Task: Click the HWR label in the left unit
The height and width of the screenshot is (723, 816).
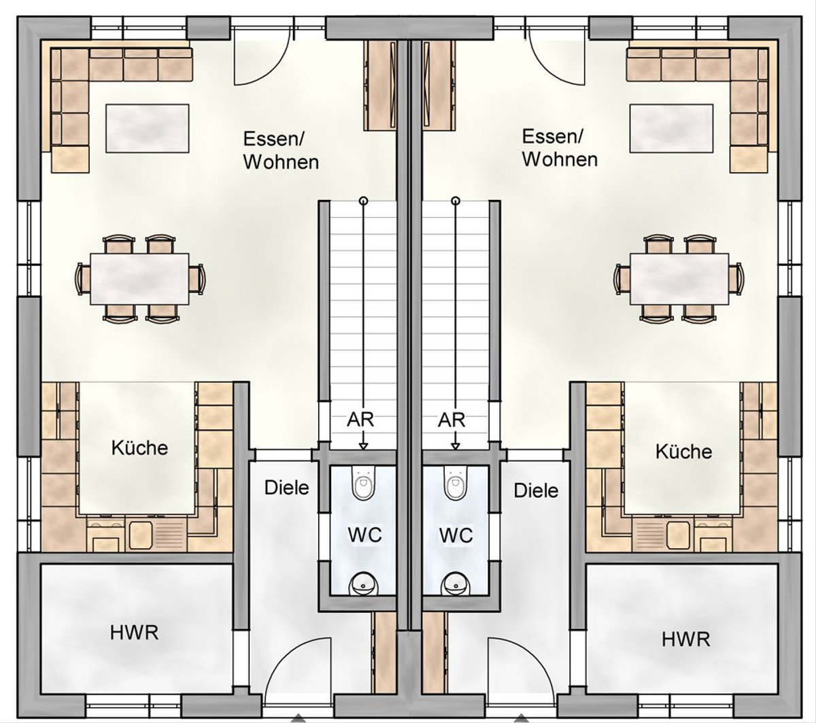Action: coord(134,633)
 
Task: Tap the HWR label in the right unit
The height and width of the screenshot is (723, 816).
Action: coord(686,639)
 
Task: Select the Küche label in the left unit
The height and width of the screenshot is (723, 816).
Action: coord(139,448)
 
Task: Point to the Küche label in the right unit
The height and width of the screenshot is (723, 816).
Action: coord(683,451)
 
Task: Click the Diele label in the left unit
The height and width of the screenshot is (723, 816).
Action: coord(286,488)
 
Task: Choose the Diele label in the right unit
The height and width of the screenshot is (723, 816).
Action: coord(536,490)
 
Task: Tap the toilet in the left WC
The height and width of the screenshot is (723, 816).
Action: coord(363,483)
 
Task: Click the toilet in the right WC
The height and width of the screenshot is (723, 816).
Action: coord(456,483)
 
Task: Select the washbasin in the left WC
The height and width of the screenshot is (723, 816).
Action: coord(363,583)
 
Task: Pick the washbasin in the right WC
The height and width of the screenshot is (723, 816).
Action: coord(456,583)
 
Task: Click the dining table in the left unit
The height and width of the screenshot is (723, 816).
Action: coord(139,279)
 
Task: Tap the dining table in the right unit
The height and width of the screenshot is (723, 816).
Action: coord(679,279)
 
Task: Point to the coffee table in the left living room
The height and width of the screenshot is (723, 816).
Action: coord(148,128)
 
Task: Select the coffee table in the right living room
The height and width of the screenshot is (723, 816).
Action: coord(671,128)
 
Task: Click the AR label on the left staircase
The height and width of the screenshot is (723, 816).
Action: coord(360,420)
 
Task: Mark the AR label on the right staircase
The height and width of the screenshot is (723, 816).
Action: coord(452,420)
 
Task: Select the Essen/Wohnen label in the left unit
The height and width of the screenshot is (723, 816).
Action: coord(281,150)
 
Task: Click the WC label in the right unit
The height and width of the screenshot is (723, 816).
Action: coord(456,535)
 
